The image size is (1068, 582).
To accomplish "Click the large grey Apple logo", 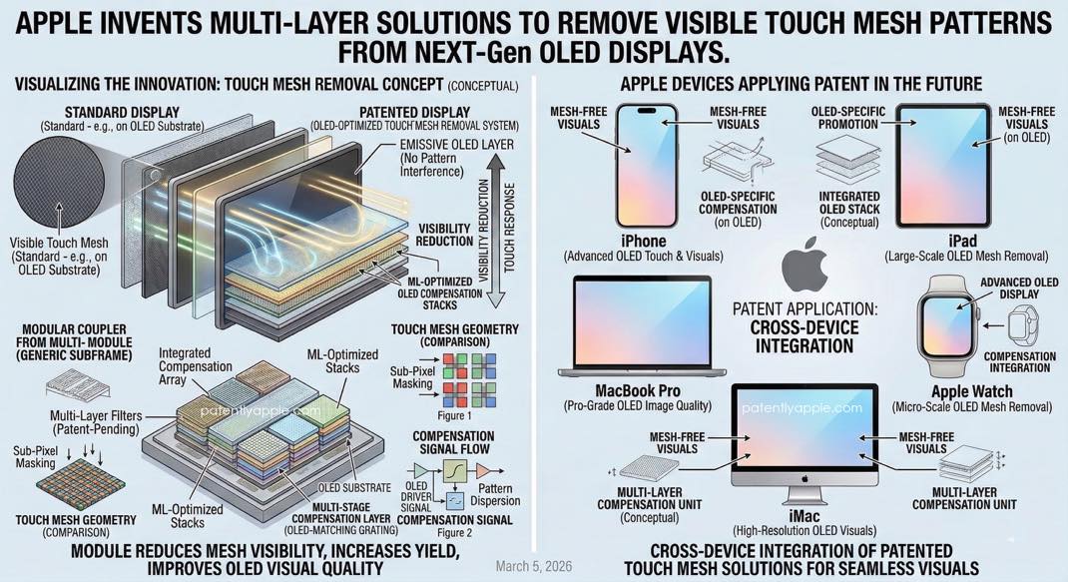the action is pos(804,265).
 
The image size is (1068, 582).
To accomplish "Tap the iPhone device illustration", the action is pos(647,166).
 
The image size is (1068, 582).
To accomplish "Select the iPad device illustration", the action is pos(942,166).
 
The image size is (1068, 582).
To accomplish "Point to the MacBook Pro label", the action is pos(638,391).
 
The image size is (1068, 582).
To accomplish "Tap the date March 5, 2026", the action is pos(534,566).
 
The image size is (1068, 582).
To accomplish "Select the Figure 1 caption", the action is pos(454,415).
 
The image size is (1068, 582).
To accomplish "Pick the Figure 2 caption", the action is pos(454,533).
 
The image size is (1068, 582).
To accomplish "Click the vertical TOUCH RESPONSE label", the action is pos(509,227).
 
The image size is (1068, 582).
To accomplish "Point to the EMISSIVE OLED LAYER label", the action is pos(456,145).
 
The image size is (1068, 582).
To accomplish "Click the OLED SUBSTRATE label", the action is pos(355,488).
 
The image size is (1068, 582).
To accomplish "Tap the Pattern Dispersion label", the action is pos(495,495).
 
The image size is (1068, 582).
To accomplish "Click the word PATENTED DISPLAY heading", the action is pos(415,113).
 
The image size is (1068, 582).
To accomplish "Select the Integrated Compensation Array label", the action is pos(196,366).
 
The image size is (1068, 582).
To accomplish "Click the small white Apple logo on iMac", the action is pos(804,478).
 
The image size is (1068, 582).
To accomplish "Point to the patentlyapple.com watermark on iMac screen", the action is pos(801,407).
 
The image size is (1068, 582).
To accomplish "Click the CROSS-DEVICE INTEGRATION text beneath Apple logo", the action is pos(804,336).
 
